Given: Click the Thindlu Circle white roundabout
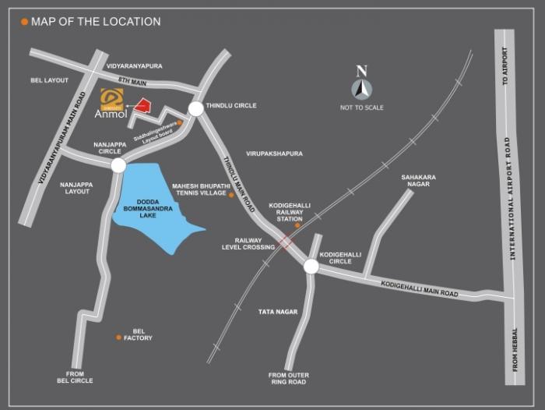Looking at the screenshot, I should click(x=195, y=109).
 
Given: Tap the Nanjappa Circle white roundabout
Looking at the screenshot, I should click(x=118, y=165).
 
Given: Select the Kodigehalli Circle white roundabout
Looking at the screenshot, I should click(x=311, y=267).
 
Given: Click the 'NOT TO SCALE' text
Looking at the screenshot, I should click(x=361, y=108).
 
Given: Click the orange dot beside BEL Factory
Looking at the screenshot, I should click(x=118, y=338).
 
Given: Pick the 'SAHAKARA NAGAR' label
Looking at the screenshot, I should click(x=418, y=181).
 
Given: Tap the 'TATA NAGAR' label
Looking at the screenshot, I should click(x=278, y=312).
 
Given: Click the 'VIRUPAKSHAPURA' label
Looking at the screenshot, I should click(x=274, y=154).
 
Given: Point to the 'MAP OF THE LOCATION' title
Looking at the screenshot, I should click(x=96, y=22).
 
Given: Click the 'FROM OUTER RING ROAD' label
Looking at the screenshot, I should click(x=288, y=378).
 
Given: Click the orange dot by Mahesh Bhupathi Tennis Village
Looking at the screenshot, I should click(x=231, y=195).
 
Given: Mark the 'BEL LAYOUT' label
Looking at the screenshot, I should click(x=49, y=80).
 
